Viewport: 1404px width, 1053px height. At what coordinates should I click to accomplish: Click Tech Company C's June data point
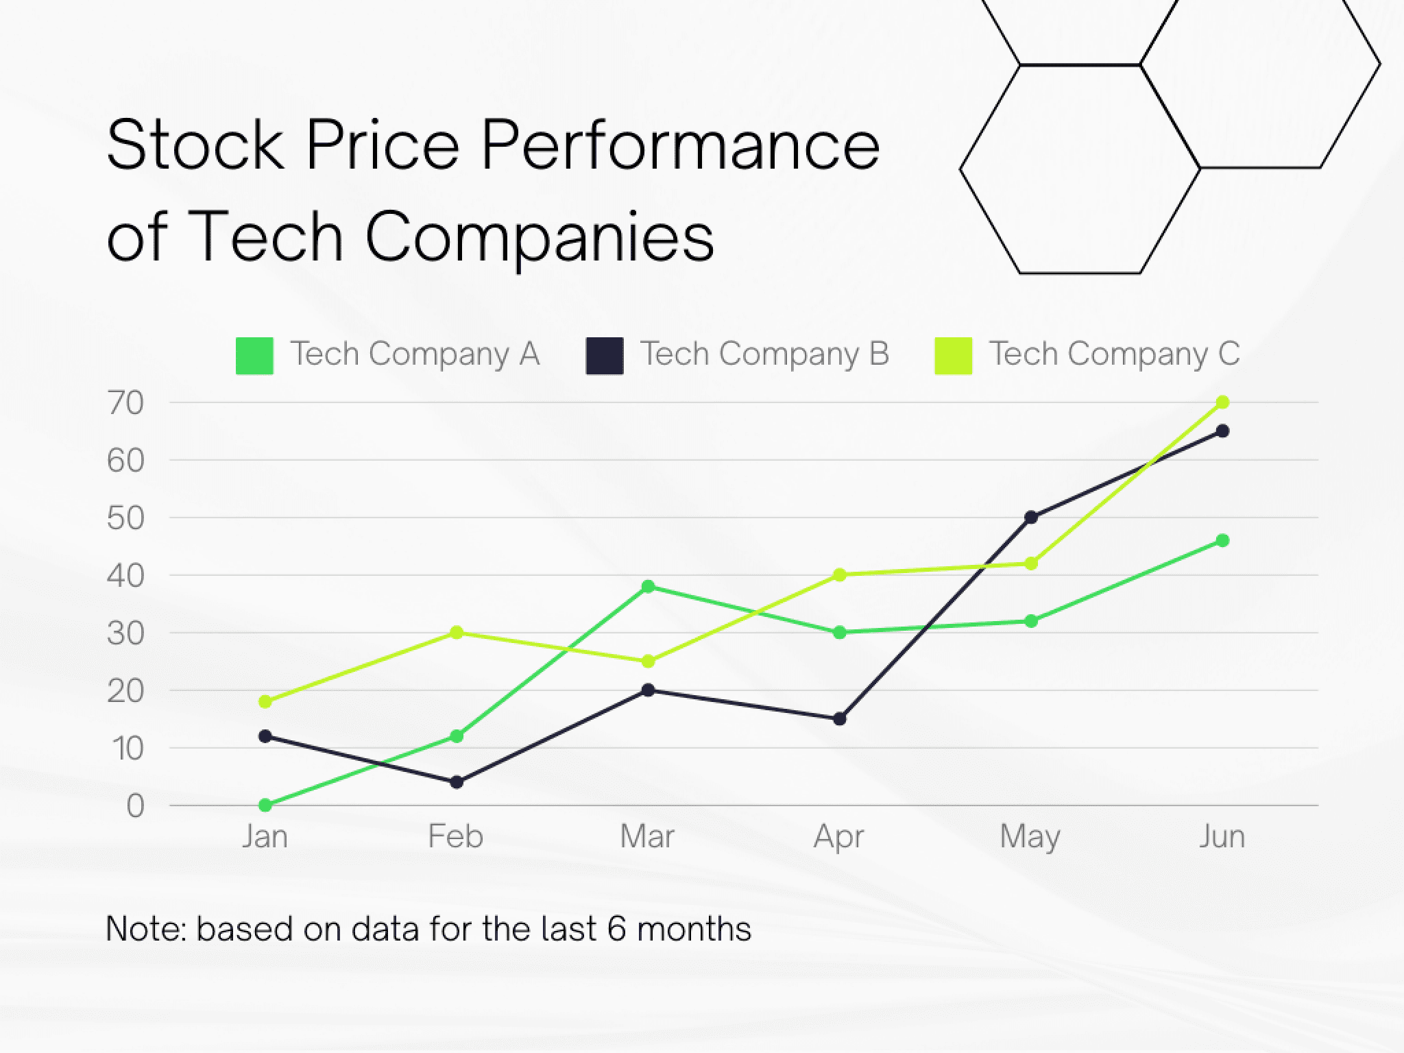tap(1222, 402)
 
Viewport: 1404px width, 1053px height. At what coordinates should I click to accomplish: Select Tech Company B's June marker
tap(1222, 431)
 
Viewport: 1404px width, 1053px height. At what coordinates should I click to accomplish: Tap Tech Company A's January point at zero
tap(265, 805)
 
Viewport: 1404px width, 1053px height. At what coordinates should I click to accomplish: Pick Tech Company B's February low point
tap(457, 782)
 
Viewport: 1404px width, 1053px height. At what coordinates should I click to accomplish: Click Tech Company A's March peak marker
tap(648, 587)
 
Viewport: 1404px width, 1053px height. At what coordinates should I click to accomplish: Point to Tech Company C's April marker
tap(839, 575)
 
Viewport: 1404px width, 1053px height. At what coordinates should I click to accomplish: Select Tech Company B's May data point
tap(1030, 518)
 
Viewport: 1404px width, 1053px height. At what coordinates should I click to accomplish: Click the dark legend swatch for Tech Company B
tap(605, 356)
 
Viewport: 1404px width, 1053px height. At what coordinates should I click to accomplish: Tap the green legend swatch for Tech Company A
tap(254, 356)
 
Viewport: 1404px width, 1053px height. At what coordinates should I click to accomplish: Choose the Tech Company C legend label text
tap(1114, 354)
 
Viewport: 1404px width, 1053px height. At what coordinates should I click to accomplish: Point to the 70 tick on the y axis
tap(125, 404)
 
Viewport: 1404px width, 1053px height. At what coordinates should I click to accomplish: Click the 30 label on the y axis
tap(125, 634)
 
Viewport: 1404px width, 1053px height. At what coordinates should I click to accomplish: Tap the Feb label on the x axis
tap(456, 837)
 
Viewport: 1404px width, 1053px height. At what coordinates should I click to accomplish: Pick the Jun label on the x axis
tap(1222, 837)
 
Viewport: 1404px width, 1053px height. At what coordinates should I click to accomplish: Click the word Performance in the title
tap(680, 145)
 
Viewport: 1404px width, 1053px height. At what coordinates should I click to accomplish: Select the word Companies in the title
tap(540, 238)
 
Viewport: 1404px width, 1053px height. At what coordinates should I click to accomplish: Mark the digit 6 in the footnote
tap(616, 930)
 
